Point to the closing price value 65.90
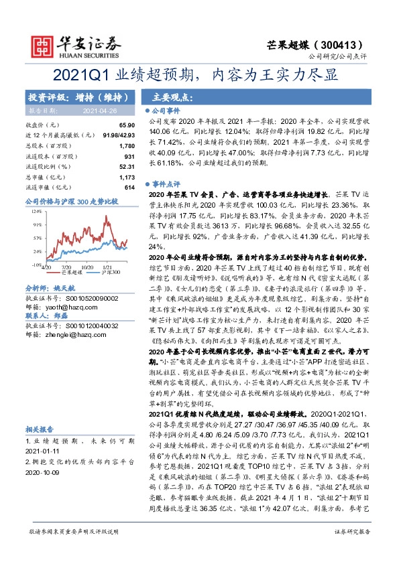tap(127, 125)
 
